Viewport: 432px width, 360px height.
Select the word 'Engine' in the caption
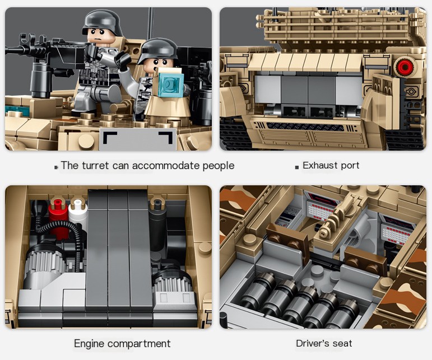[90, 343]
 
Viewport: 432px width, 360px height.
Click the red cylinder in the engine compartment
[58, 212]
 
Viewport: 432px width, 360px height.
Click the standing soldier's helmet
[102, 22]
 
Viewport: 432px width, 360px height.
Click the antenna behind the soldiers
[150, 22]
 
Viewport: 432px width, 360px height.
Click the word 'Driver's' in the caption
[312, 343]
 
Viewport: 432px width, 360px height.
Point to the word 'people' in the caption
[218, 166]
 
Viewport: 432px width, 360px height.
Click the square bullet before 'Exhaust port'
[296, 166]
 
